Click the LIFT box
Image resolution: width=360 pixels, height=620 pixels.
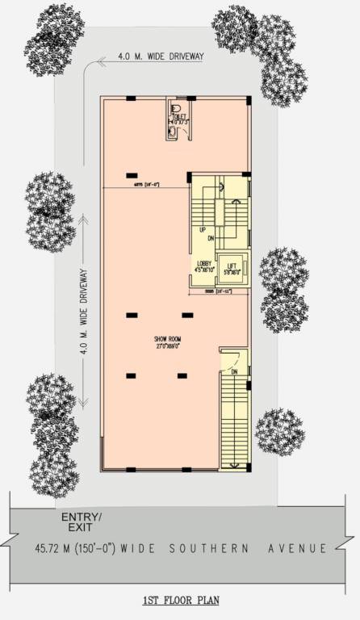click(x=232, y=269)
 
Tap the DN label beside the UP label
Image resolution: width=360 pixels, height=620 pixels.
click(x=210, y=238)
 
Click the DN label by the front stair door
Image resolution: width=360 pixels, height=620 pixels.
click(x=234, y=371)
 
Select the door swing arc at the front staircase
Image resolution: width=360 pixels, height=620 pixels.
click(x=229, y=356)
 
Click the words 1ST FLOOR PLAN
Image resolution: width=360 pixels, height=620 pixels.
click(x=179, y=601)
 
